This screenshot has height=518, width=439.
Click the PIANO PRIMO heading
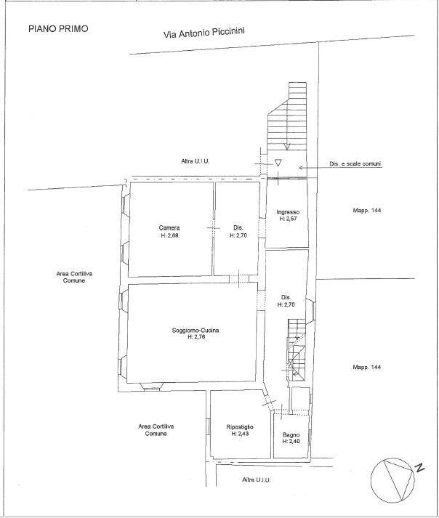pyautogui.click(x=58, y=29)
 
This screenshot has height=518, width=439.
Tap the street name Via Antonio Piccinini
pyautogui.click(x=204, y=33)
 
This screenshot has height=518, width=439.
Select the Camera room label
pyautogui.click(x=169, y=227)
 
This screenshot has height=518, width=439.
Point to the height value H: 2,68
pyautogui.click(x=169, y=235)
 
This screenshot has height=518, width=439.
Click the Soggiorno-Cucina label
pyautogui.click(x=196, y=330)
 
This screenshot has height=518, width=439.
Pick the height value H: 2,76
pyautogui.click(x=196, y=337)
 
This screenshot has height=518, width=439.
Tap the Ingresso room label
pyautogui.click(x=288, y=212)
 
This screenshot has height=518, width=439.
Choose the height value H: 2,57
pyautogui.click(x=288, y=219)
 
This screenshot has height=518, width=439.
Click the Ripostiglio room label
pyautogui.click(x=240, y=426)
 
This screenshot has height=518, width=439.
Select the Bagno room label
pyautogui.click(x=291, y=434)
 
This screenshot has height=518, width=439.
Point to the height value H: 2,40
pyautogui.click(x=291, y=442)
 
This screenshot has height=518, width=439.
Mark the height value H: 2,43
pyautogui.click(x=240, y=434)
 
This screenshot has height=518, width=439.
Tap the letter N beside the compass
pyautogui.click(x=419, y=468)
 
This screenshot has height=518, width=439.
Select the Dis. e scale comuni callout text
pyautogui.click(x=355, y=163)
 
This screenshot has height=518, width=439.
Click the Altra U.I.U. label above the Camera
pyautogui.click(x=195, y=161)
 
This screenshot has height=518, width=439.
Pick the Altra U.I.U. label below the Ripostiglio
pyautogui.click(x=256, y=479)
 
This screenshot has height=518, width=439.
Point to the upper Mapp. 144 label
pyautogui.click(x=366, y=210)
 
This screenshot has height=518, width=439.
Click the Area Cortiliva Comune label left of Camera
pyautogui.click(x=74, y=278)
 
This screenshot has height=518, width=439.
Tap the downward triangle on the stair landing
pyautogui.click(x=278, y=163)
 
